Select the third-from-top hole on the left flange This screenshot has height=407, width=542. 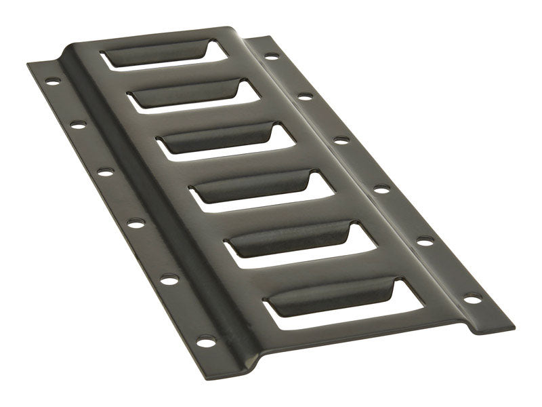pos(105,172)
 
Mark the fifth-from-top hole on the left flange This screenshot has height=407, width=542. pos(167,279)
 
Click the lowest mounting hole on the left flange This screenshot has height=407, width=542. pos(204,341)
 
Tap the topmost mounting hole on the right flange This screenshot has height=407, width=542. pos(270,56)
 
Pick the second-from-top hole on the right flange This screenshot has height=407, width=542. pos(304,96)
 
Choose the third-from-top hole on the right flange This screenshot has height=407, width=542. pos(340,140)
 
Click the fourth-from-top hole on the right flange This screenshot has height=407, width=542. pos(381,190)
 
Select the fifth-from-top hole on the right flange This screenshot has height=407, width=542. pos(424,240)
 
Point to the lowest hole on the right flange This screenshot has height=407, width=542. pos(472,298)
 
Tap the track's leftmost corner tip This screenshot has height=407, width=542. pos(27,65)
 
